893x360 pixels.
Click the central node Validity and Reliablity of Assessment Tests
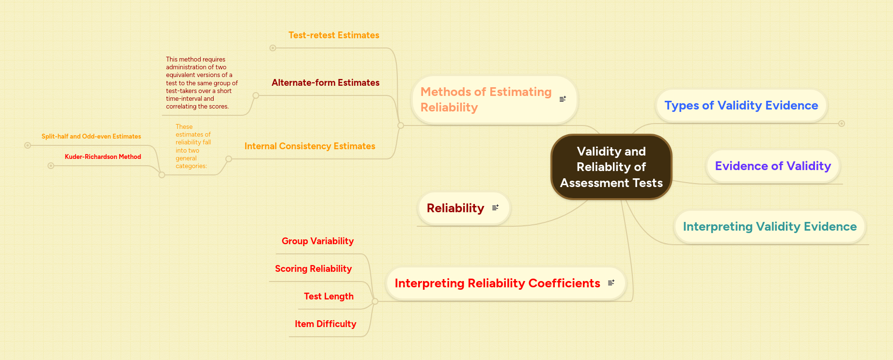click(611, 167)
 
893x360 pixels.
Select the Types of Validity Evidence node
click(741, 106)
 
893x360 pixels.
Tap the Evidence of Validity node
click(773, 166)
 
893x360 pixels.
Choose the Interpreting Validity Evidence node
click(769, 227)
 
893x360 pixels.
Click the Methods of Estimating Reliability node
click(486, 99)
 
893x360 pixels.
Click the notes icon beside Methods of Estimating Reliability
click(563, 99)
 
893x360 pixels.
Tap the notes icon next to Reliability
click(495, 208)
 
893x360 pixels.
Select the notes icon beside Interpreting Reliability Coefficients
click(611, 283)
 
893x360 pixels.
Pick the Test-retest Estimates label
click(334, 35)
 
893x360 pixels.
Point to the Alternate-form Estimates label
click(326, 83)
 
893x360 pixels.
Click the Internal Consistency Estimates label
click(310, 146)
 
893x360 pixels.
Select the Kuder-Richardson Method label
click(103, 157)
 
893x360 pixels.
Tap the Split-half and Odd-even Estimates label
click(91, 137)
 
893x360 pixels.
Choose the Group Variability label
click(317, 241)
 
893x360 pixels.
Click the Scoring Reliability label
click(313, 269)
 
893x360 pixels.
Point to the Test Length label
click(329, 297)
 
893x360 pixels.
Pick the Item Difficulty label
click(325, 324)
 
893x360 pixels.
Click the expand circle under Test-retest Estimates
click(273, 48)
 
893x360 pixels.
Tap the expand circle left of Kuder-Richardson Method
click(51, 166)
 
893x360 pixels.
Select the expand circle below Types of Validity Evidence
click(842, 124)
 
